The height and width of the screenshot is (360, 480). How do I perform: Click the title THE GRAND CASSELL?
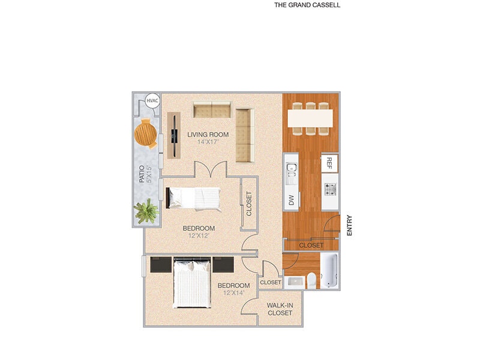click(307, 5)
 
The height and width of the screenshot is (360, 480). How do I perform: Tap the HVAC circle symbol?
click(152, 101)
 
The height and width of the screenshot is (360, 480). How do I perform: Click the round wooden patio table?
click(146, 133)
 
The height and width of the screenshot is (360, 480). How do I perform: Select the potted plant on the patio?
click(145, 211)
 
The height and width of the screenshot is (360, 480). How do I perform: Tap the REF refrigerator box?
click(329, 162)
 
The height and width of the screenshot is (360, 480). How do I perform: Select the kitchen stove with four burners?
click(330, 190)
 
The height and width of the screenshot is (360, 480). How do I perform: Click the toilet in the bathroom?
click(311, 280)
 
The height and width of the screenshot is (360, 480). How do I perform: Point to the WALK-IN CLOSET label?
click(280, 309)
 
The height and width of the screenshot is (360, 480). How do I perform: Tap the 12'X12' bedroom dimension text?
click(199, 236)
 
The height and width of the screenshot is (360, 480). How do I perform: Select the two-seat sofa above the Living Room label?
click(212, 110)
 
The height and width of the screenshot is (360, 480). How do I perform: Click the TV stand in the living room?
click(174, 135)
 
